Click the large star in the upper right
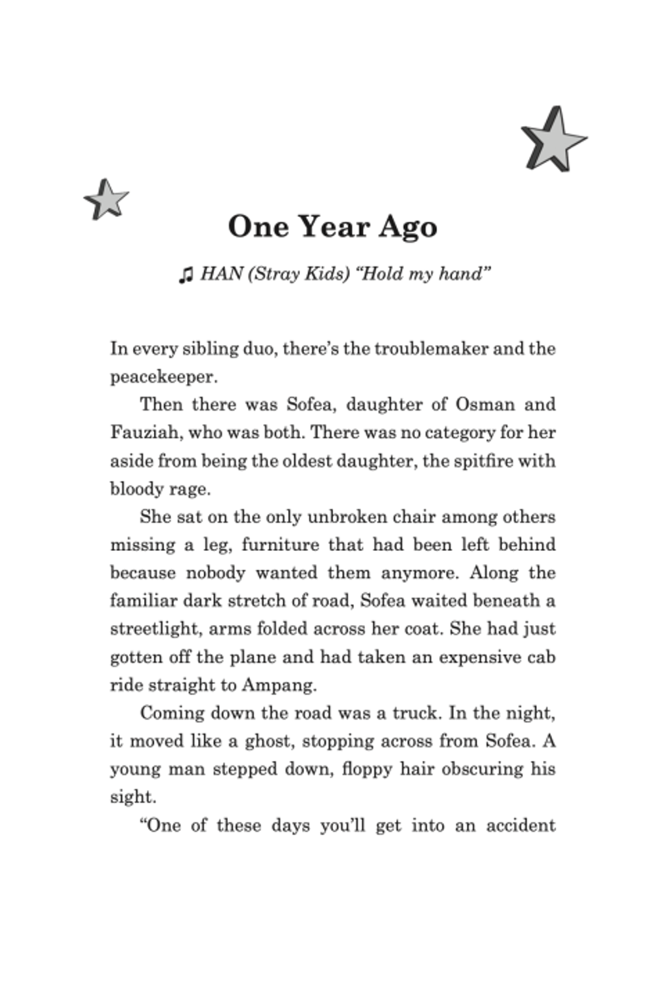coord(553,140)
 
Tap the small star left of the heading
coord(106,199)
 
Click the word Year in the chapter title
coord(334,227)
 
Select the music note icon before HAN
coord(186,275)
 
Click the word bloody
coord(136,489)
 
